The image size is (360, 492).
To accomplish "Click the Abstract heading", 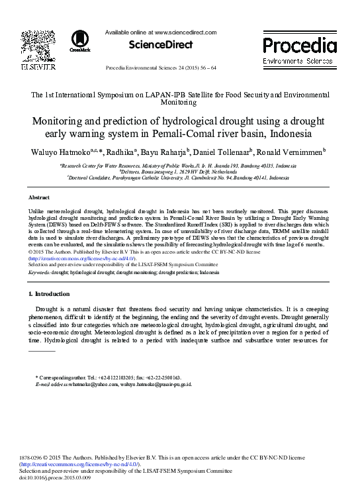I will coord(39,198).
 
